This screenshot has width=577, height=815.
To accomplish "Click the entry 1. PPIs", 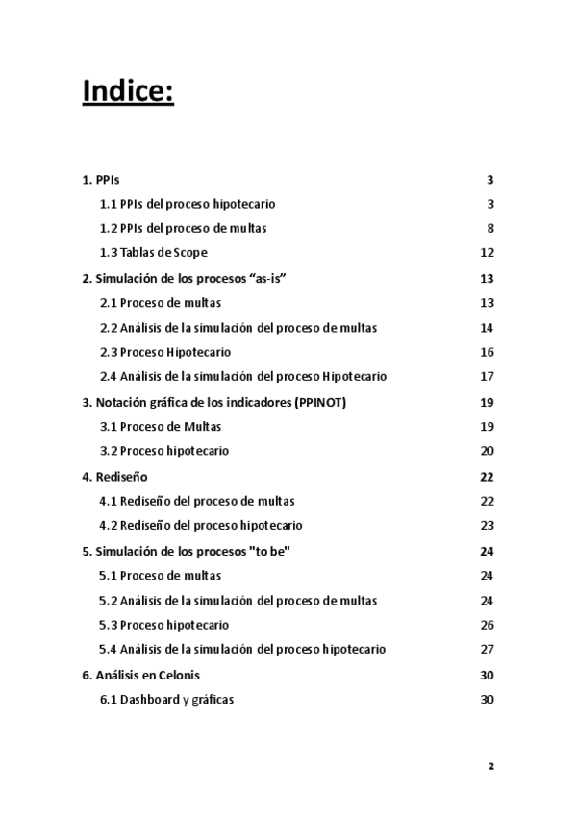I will click(x=101, y=180).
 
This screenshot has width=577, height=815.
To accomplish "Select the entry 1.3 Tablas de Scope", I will click(x=154, y=253).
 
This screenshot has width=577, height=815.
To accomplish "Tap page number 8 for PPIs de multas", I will click(x=489, y=228).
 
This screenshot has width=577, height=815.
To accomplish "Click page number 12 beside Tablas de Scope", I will click(x=487, y=253).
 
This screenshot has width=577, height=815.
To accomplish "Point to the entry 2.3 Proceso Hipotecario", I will click(x=165, y=352).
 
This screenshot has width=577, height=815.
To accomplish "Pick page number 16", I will click(x=487, y=352).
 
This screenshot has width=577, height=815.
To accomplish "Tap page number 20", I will click(x=487, y=451).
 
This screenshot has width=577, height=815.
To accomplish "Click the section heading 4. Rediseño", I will click(x=114, y=476).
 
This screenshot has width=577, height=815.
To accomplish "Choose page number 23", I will click(x=487, y=525).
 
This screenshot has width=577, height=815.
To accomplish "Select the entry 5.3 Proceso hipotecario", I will click(x=163, y=625).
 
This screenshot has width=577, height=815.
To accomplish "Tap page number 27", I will click(x=487, y=649).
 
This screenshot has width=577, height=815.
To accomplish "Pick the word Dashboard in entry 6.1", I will click(x=148, y=699).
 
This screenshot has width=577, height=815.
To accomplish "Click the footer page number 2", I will click(x=490, y=766).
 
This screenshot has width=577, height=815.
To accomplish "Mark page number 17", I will click(x=487, y=377).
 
